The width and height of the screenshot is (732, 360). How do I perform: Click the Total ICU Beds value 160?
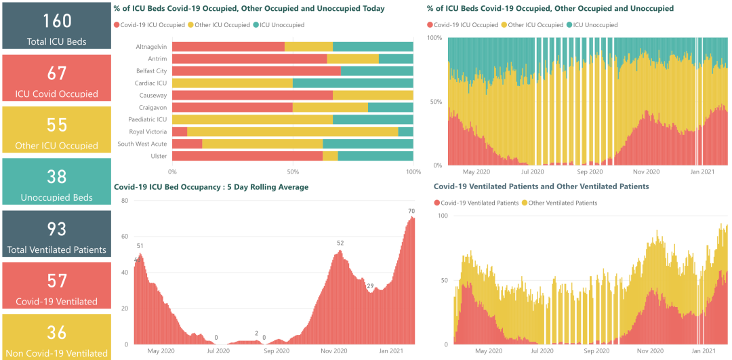coord(58,20)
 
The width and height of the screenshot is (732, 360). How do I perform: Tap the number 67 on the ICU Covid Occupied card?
coord(58,73)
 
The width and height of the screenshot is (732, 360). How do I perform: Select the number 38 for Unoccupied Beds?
coord(58,176)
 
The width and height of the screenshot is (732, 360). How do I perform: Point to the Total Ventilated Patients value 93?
coord(58,228)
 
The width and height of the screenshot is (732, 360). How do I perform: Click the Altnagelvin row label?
coord(151,46)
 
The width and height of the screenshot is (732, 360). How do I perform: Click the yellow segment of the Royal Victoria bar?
coord(292,132)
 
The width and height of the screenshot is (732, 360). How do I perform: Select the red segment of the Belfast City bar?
coord(256,71)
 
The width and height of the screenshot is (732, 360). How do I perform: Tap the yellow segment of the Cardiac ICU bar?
coord(232,83)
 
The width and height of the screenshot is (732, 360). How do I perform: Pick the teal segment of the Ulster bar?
coord(375,156)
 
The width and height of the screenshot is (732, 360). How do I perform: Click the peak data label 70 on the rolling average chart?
coord(411,211)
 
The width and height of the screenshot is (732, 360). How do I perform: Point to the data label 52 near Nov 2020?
coord(340,243)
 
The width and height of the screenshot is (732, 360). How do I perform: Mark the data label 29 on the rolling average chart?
coord(370,285)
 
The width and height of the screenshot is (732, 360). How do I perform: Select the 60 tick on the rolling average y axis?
coord(125,237)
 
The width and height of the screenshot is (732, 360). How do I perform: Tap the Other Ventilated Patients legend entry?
coord(563,203)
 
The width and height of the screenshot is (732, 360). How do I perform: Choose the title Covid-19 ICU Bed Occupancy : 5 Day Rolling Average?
coord(211,186)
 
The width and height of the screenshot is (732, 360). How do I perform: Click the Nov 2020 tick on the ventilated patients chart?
coord(650,351)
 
